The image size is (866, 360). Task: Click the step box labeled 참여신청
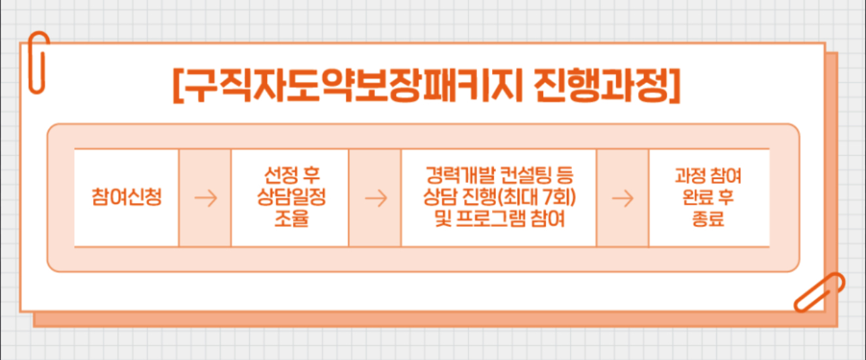pos(127,197)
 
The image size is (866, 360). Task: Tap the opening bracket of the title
pos(178,85)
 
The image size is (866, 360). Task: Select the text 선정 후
pos(290,176)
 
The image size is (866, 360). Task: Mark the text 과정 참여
pos(708,176)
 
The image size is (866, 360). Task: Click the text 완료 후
pos(708,197)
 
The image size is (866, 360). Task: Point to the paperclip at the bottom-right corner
pos(819,293)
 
